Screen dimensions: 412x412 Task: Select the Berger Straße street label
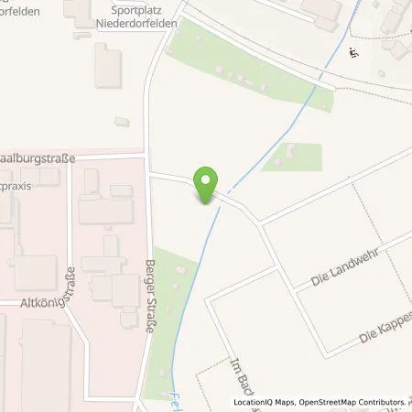[152, 290]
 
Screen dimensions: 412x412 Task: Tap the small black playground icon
[353, 52]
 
